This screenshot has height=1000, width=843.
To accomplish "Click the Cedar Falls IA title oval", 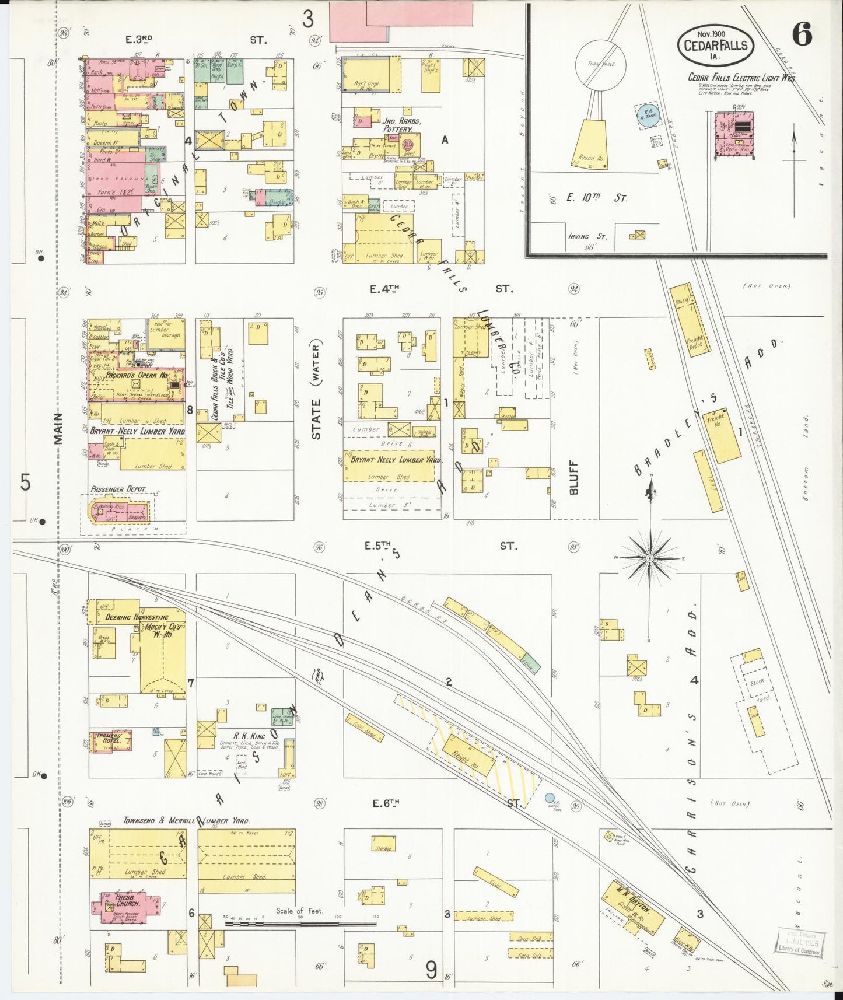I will point(715,44).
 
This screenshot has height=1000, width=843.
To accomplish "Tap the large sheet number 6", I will point(802,36).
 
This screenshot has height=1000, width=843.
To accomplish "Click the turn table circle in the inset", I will point(600,65).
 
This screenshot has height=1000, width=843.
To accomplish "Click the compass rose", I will point(650,558).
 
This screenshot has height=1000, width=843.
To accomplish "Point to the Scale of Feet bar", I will point(300,917).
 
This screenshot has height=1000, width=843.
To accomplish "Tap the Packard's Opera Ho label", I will point(137,375).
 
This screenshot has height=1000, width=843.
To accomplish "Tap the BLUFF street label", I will point(573,477).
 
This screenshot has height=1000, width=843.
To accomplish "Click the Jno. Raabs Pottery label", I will point(402,124).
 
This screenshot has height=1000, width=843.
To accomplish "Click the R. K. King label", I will point(249,736).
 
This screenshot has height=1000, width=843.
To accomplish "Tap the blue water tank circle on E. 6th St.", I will point(549,797).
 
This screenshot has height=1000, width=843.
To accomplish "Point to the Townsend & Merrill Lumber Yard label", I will point(187,820).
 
